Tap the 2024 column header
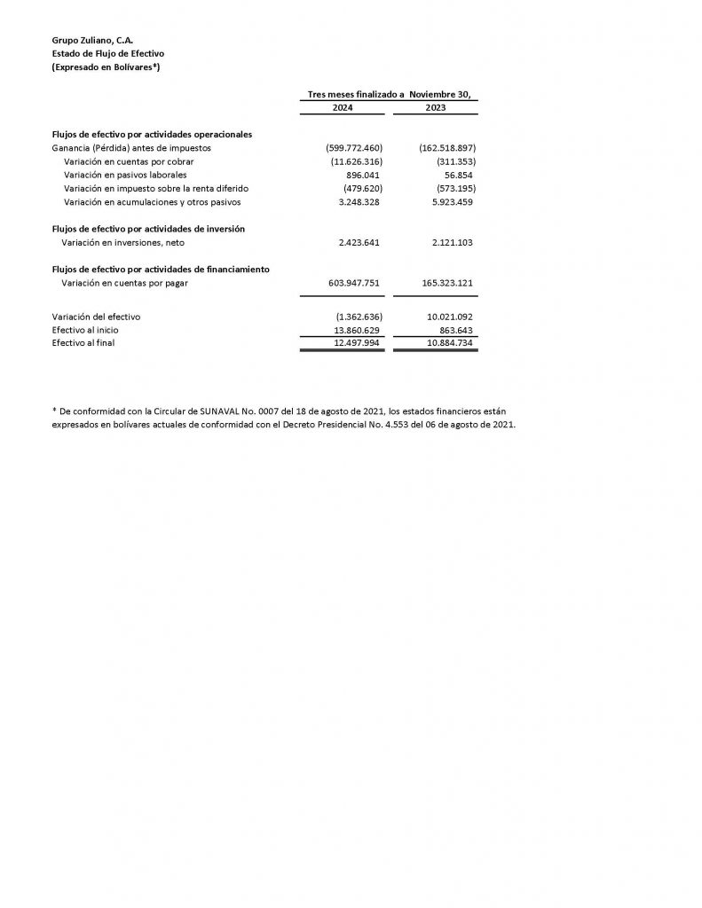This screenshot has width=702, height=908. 342,107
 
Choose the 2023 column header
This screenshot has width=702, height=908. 436,107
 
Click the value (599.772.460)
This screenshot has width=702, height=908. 354,148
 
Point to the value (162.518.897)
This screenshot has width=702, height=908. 447,148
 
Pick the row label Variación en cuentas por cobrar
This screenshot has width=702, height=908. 129,161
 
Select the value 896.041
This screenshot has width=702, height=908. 362,175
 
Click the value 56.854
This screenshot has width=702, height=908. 458,175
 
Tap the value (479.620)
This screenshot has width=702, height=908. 362,188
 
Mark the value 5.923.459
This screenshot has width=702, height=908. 450,202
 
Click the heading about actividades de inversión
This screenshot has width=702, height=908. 148,229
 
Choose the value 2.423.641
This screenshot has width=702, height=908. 360,242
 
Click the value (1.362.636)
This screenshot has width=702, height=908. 359,316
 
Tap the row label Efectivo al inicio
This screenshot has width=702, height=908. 85,329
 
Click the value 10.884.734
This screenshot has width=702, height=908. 448,342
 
